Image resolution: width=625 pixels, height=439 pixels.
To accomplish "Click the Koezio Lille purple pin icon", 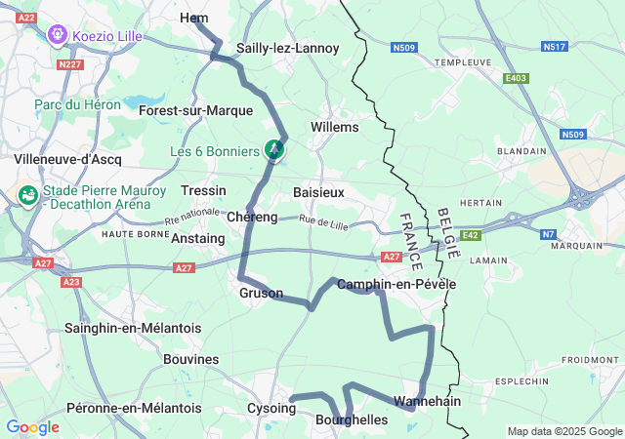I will coord(58,35).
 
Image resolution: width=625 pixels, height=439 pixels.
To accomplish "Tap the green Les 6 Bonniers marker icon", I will coord(275,150).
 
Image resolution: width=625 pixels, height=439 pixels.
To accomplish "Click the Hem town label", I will coord(194,19).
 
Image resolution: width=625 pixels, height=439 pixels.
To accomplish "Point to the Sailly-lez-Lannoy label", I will coord(288,48).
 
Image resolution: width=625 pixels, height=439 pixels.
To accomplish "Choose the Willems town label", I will coord(334,127).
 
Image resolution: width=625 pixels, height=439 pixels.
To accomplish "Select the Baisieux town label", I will coord(318,192).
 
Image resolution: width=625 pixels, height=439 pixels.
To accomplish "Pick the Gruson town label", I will coord(261,293).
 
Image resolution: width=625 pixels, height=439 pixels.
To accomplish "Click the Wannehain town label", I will coord(427,401).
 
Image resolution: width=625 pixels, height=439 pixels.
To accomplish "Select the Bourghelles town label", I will coord(352,419).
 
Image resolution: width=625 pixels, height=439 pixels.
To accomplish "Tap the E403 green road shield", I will coord(515,78).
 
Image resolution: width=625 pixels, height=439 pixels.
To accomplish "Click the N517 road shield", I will coord(554,46).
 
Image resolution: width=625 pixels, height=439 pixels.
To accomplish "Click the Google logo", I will coord(32,427).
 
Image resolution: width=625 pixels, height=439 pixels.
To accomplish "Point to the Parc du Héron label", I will coord(77,104).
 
